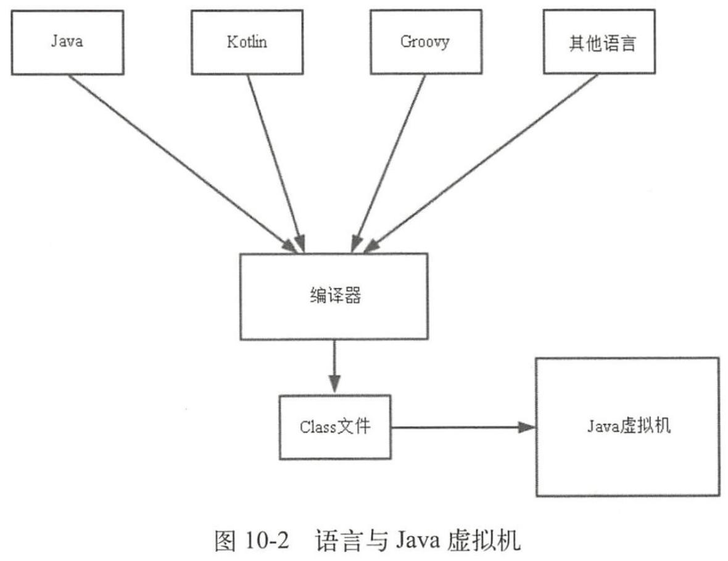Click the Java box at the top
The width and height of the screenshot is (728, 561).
point(67,43)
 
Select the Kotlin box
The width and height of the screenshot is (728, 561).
point(247,43)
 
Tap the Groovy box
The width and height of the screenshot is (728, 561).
point(425,43)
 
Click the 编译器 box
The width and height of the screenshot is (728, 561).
point(333,296)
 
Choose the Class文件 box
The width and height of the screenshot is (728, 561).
point(334,427)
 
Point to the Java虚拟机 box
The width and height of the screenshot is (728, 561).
point(627,427)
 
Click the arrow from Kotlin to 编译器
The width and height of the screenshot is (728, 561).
point(275,161)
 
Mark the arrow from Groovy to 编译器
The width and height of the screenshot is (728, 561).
point(389,161)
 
